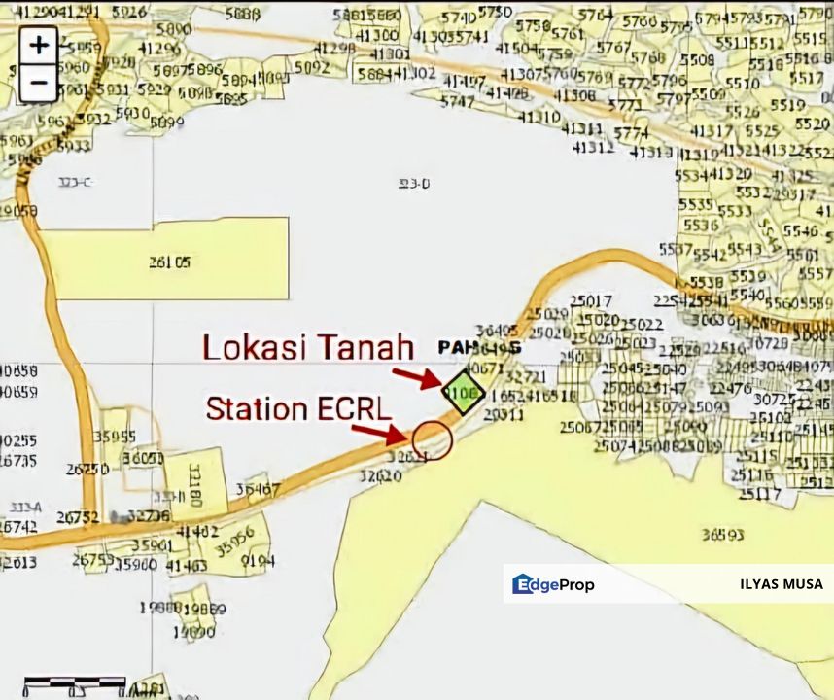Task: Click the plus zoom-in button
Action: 39,45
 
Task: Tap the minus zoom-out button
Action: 39,83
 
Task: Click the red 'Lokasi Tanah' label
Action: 308,347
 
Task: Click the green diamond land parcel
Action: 465,394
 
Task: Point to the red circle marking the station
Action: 433,440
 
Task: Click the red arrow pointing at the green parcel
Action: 420,377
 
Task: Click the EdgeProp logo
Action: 553,584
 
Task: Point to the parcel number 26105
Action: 169,262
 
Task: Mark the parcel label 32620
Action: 380,476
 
